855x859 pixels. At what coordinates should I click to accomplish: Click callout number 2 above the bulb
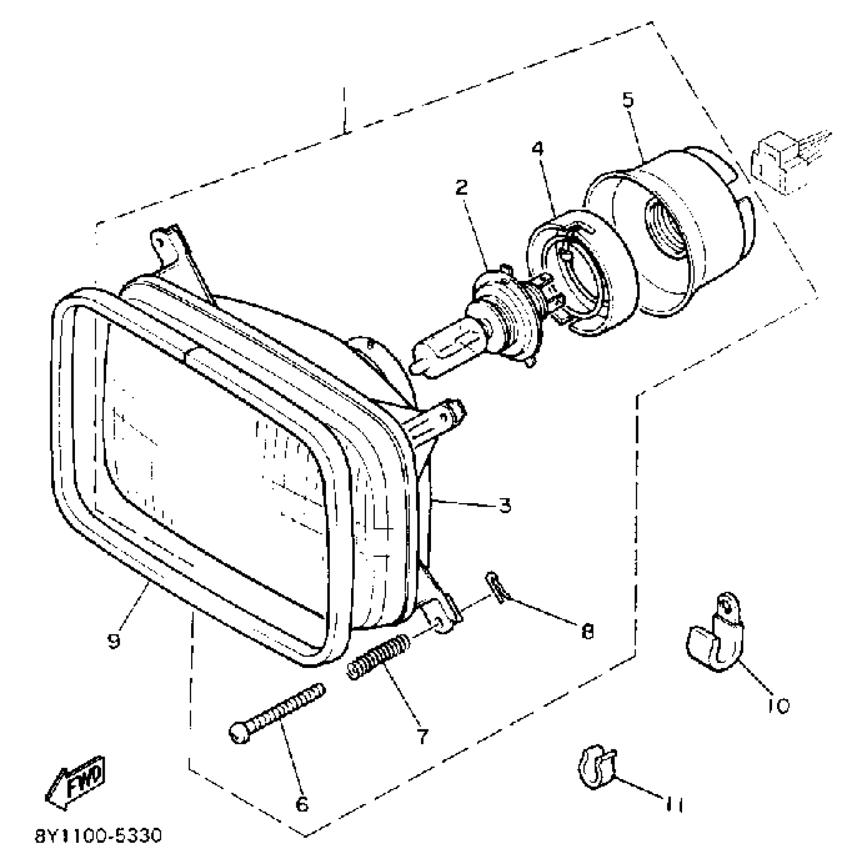(461, 187)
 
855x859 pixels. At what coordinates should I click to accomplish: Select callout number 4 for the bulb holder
(538, 149)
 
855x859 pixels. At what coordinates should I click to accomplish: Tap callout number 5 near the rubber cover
(628, 100)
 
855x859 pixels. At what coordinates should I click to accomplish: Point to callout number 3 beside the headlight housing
(505, 505)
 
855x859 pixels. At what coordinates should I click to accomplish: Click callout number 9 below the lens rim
(114, 640)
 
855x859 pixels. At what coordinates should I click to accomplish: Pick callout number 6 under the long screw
(301, 804)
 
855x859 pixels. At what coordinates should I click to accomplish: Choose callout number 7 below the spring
(422, 736)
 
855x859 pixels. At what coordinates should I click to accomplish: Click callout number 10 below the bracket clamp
(778, 706)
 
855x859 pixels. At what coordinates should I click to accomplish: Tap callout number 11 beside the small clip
(674, 806)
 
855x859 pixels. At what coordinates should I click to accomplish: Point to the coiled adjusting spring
(378, 657)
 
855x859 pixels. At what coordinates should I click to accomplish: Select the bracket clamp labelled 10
(714, 637)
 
